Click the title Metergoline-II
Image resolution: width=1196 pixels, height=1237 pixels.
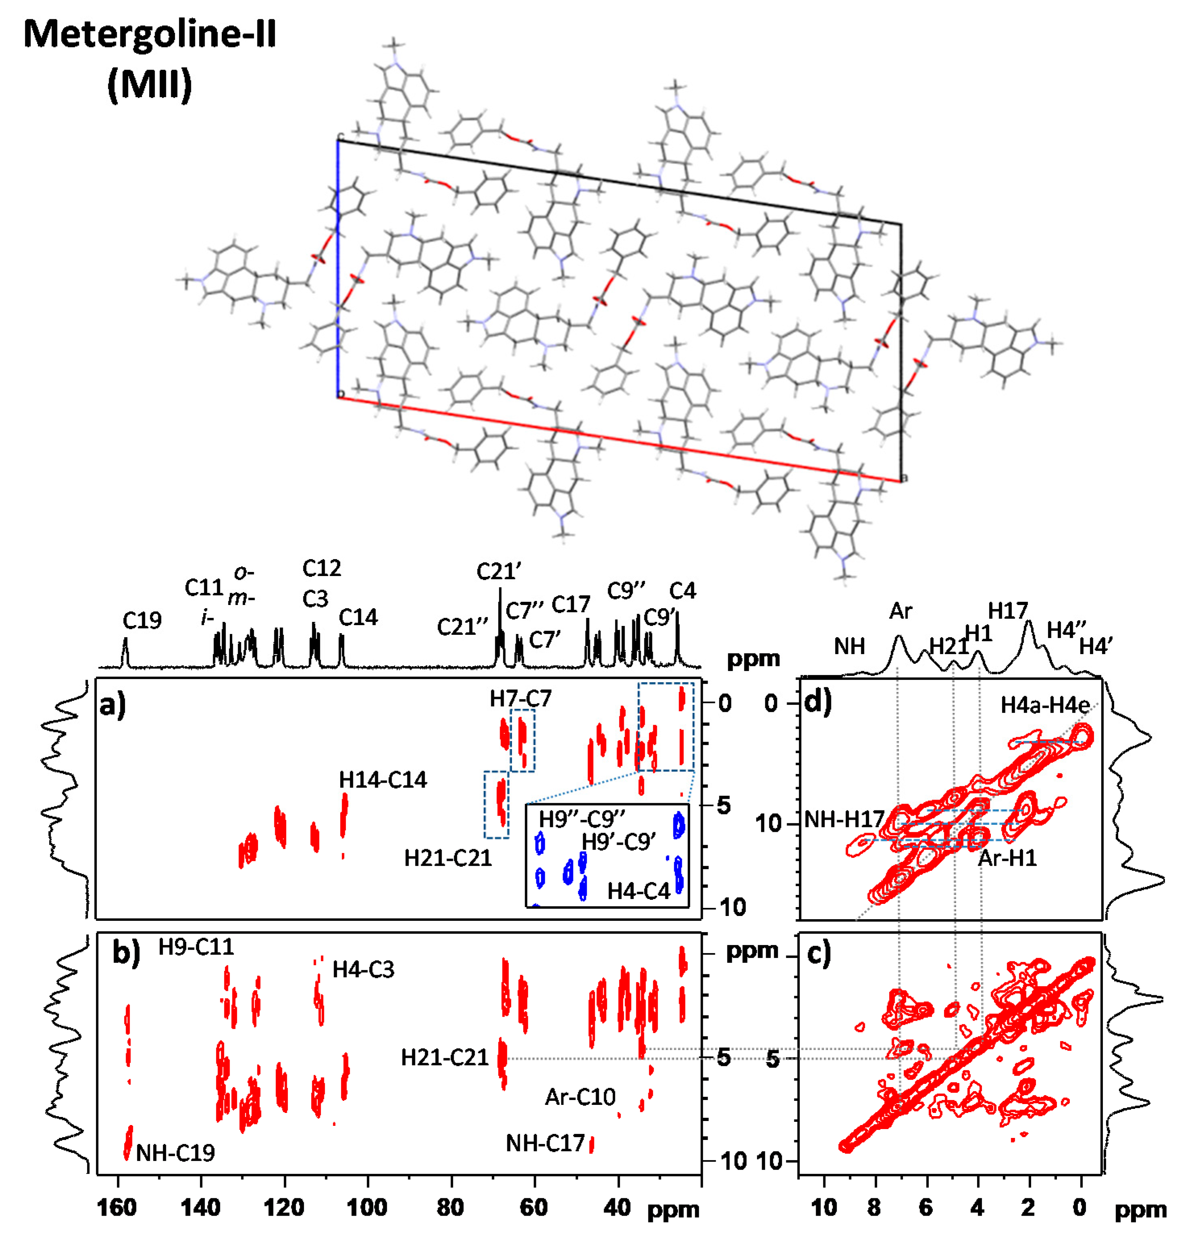click(x=149, y=34)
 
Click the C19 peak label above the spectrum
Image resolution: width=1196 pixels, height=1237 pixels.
click(x=142, y=620)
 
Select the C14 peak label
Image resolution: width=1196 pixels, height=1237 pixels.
click(x=358, y=617)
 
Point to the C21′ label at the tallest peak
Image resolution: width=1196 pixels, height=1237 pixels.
click(x=499, y=571)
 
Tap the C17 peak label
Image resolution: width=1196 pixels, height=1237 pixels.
click(x=571, y=605)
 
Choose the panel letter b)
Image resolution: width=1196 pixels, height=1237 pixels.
click(x=126, y=952)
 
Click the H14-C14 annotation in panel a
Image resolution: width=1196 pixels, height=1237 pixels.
click(x=383, y=780)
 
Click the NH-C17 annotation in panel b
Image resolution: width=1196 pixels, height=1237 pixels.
click(x=546, y=1142)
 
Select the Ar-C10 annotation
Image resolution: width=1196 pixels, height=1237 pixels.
click(x=580, y=1097)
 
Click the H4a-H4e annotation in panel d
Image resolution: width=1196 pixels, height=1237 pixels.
click(x=1045, y=705)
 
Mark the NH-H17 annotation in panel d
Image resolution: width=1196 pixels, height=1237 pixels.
click(x=844, y=819)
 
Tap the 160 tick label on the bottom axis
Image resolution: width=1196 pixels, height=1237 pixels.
click(x=117, y=1207)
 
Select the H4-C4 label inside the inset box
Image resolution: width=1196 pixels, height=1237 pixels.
click(x=638, y=891)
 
